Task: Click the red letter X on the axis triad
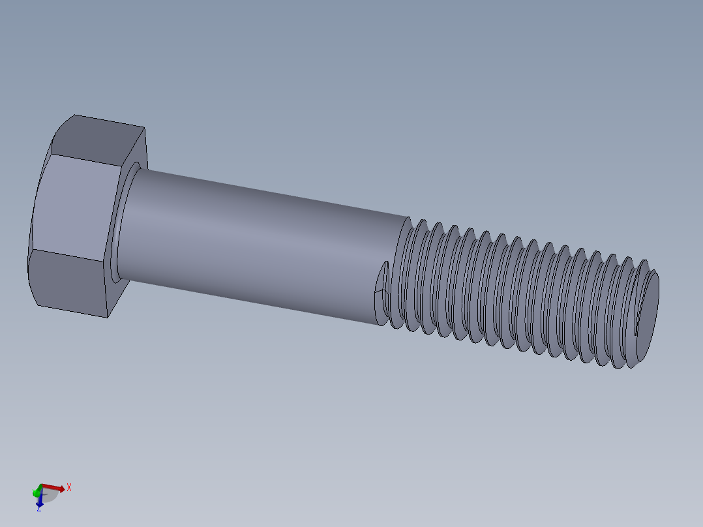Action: coord(68,487)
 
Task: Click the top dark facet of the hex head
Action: coord(98,140)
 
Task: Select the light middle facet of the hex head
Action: coord(75,209)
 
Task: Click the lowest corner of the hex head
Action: coord(108,318)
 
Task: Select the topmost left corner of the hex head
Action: coord(74,115)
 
